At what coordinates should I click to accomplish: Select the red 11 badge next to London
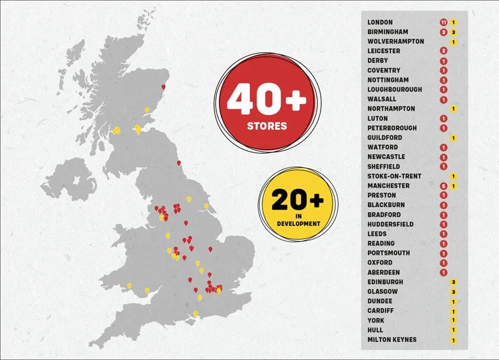(x=443, y=22)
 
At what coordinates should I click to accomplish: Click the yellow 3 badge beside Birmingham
(x=453, y=32)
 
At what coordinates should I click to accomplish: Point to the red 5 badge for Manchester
(x=443, y=186)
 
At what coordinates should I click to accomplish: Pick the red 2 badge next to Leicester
(x=443, y=51)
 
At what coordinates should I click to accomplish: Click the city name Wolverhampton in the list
(x=395, y=42)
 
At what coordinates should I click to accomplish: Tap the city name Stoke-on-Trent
(x=394, y=177)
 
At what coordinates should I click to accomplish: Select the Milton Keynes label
(x=392, y=339)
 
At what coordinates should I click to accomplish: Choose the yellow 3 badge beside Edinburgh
(x=453, y=282)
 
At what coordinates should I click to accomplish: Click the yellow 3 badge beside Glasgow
(x=453, y=291)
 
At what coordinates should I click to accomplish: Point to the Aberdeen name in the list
(x=384, y=273)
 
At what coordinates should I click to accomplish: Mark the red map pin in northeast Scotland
(x=164, y=87)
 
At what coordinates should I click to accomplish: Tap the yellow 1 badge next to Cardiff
(x=453, y=311)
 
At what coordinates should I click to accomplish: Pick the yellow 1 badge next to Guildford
(x=453, y=138)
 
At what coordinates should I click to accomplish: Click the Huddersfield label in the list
(x=391, y=225)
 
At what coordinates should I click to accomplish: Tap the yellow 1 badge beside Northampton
(x=453, y=109)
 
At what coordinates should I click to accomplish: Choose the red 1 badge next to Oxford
(x=443, y=263)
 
